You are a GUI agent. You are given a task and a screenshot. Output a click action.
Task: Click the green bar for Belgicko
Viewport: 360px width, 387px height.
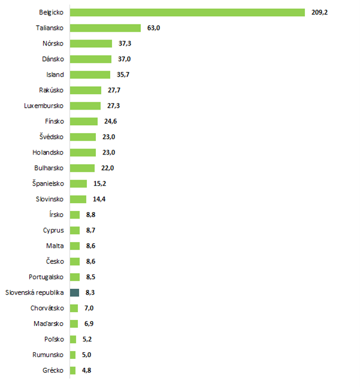[x=187, y=12]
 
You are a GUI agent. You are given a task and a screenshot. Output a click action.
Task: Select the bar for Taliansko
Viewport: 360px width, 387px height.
[x=105, y=28]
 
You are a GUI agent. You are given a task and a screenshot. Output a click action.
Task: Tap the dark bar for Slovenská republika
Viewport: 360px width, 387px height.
[x=74, y=292]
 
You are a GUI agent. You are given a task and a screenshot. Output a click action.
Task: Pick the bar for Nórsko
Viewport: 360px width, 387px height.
[x=90, y=43]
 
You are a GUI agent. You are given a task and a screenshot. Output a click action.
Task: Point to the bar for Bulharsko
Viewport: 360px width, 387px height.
[x=82, y=168]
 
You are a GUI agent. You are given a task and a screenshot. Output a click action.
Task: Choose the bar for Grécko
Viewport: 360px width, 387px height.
[x=72, y=370]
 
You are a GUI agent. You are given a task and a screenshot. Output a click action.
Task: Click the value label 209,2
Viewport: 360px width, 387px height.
[x=320, y=12]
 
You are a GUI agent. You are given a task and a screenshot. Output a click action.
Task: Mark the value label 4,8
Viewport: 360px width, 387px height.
[x=87, y=370]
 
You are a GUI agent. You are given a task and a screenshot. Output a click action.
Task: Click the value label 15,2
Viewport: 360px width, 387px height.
[x=99, y=183]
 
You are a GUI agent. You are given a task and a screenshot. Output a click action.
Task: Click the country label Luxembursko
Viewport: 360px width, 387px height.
[x=44, y=105]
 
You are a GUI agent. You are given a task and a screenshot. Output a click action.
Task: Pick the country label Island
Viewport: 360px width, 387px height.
[x=55, y=74]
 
